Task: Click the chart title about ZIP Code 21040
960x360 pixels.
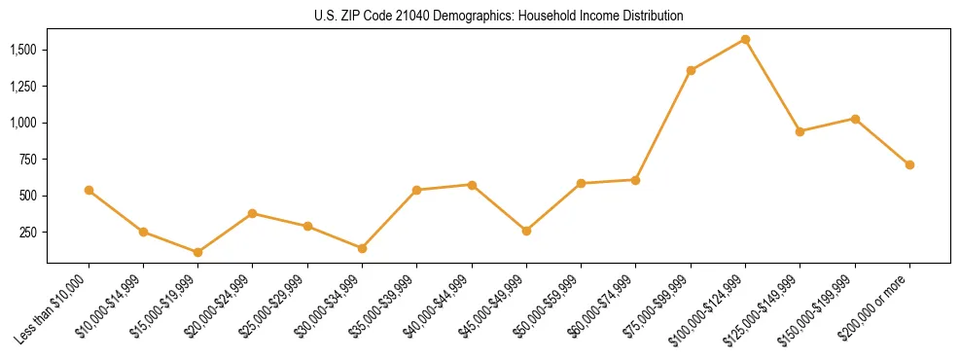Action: coord(499,16)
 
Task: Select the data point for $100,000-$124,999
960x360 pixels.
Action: coord(745,39)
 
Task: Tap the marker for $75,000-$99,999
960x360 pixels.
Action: coord(691,70)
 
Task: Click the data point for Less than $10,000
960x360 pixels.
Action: coord(89,190)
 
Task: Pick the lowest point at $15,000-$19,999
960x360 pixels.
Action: coord(197,252)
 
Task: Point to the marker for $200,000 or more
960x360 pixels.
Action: coord(909,164)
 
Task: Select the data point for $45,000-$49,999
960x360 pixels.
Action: coord(526,231)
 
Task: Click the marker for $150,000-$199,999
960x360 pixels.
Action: coord(855,119)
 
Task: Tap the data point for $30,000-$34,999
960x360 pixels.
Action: coord(362,248)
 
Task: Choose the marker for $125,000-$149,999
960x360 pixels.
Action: coord(800,131)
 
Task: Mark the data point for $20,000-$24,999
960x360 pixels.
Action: coord(252,213)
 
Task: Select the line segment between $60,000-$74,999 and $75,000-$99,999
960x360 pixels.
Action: coord(663,125)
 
